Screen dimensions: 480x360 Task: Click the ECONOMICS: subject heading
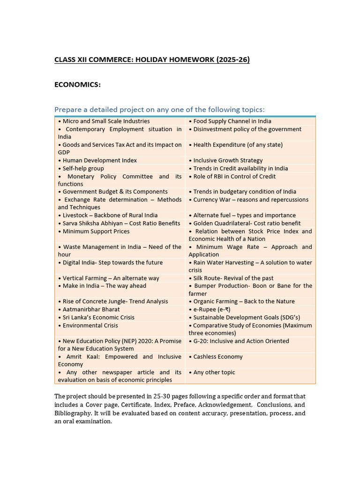click(77, 84)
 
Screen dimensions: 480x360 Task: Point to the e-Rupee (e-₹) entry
click(211, 309)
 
